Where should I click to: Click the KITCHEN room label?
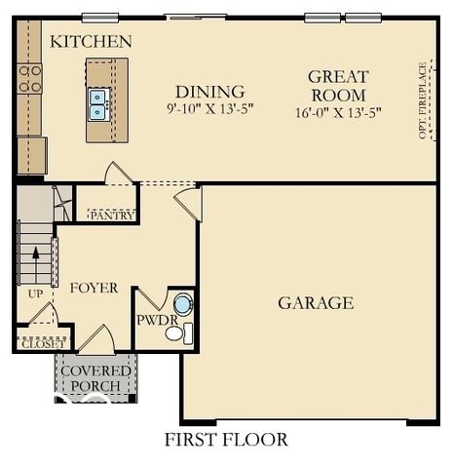point(91,42)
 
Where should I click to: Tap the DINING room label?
point(202,93)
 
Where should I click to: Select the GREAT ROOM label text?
point(338,86)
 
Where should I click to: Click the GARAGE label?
point(315,303)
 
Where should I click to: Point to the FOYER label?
point(94,289)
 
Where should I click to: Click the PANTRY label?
point(112,215)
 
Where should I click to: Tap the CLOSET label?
point(42,344)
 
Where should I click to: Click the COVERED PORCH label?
point(95,378)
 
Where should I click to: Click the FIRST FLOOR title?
point(227,440)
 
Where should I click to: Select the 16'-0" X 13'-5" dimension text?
point(338,112)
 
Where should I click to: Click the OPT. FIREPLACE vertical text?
point(423,100)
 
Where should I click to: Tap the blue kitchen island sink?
point(98,103)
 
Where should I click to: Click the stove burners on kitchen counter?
point(30,79)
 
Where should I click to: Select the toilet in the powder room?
point(176,333)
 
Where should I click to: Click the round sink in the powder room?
point(182,304)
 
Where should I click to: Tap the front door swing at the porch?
point(97,342)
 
